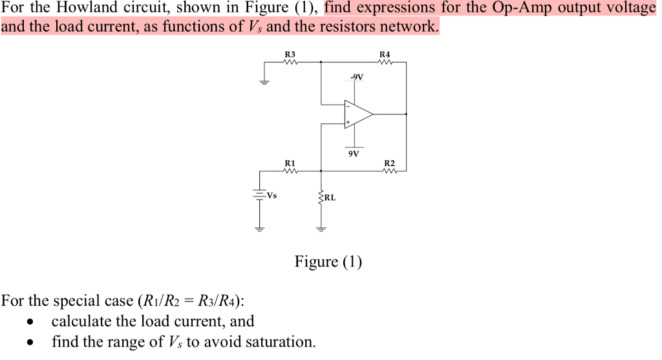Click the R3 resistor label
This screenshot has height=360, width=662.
pos(290,54)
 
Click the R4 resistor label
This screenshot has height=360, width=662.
pos(385,54)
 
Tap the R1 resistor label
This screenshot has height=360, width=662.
pos(290,163)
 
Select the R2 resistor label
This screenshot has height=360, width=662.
pos(389,163)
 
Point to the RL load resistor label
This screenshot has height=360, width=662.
pos(330,198)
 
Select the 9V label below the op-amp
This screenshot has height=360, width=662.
pos(353,154)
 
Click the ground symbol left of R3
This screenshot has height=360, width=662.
pos(263,81)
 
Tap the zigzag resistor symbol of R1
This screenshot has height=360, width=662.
pos(290,171)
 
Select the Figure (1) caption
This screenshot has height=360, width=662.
pos(328,262)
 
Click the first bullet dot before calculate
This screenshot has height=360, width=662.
pos(30,322)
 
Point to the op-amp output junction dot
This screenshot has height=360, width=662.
pos(406,114)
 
